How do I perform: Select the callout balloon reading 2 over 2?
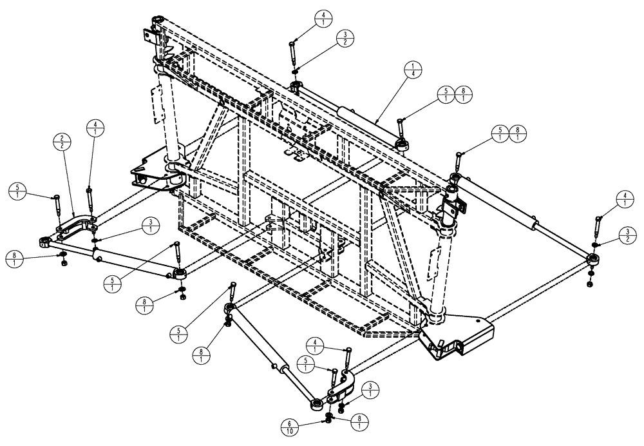62,142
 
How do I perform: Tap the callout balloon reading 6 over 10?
289,427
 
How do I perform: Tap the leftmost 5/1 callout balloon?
17,191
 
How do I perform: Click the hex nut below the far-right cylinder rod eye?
590,282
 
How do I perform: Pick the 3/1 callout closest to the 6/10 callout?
370,390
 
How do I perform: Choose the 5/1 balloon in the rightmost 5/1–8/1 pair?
500,133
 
